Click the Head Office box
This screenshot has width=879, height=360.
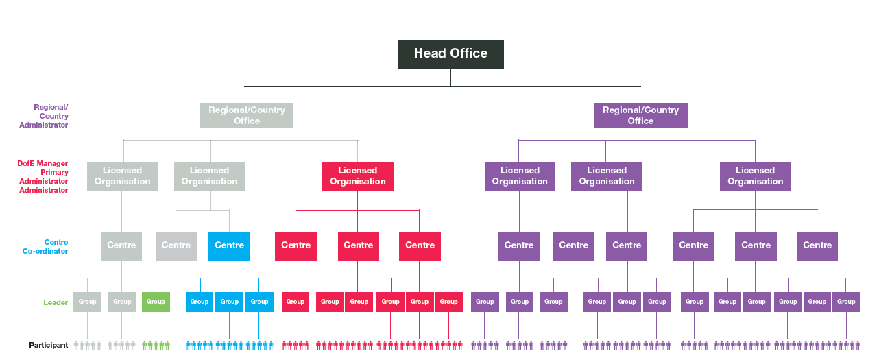(x=450, y=53)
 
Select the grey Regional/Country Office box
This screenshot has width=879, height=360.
(x=247, y=115)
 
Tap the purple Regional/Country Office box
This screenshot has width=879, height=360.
(x=640, y=115)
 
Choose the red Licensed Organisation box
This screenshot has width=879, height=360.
(x=357, y=176)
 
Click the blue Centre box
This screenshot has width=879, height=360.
(x=229, y=245)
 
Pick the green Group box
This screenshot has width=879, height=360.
(x=156, y=302)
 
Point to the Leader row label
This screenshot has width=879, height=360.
(x=56, y=302)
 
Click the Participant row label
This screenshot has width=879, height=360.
(x=48, y=345)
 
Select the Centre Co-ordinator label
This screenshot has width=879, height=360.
(x=46, y=247)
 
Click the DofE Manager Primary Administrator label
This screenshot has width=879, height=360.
(x=43, y=176)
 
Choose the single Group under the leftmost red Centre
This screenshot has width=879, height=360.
(x=296, y=302)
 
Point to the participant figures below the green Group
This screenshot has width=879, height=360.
(x=156, y=345)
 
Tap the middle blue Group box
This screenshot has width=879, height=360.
(x=229, y=302)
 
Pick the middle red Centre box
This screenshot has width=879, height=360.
(x=358, y=245)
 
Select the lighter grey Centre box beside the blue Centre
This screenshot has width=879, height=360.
(x=176, y=245)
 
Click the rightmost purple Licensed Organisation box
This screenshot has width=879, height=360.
(x=755, y=176)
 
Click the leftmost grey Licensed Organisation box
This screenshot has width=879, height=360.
(x=122, y=176)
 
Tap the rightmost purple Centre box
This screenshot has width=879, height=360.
(x=817, y=245)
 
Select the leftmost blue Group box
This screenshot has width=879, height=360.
(x=200, y=302)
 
